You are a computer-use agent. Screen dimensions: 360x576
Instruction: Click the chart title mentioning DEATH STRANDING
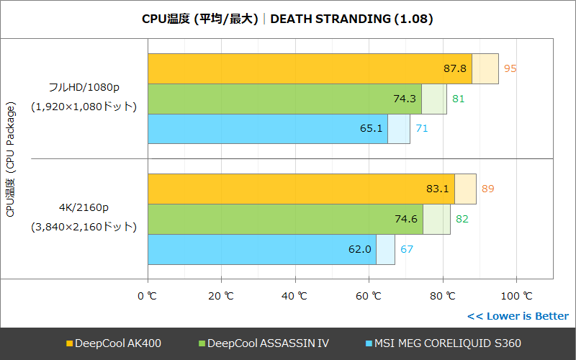click(287, 19)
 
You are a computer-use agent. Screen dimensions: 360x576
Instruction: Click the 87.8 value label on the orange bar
click(455, 68)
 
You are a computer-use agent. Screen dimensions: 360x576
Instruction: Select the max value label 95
click(510, 68)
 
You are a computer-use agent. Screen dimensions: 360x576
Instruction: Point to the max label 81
click(458, 99)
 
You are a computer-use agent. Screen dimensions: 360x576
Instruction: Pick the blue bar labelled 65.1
click(267, 129)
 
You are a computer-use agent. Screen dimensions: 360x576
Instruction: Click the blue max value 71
click(422, 129)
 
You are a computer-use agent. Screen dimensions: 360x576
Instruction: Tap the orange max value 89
click(488, 189)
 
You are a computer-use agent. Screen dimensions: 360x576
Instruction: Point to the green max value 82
click(462, 219)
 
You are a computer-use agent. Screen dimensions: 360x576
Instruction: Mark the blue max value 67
click(407, 249)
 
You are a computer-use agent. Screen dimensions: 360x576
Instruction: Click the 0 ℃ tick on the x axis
click(148, 296)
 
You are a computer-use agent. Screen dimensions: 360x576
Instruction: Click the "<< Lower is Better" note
click(517, 316)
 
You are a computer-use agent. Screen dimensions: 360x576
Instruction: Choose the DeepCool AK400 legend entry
click(113, 343)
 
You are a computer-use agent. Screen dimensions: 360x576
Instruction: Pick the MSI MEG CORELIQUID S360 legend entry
click(444, 343)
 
